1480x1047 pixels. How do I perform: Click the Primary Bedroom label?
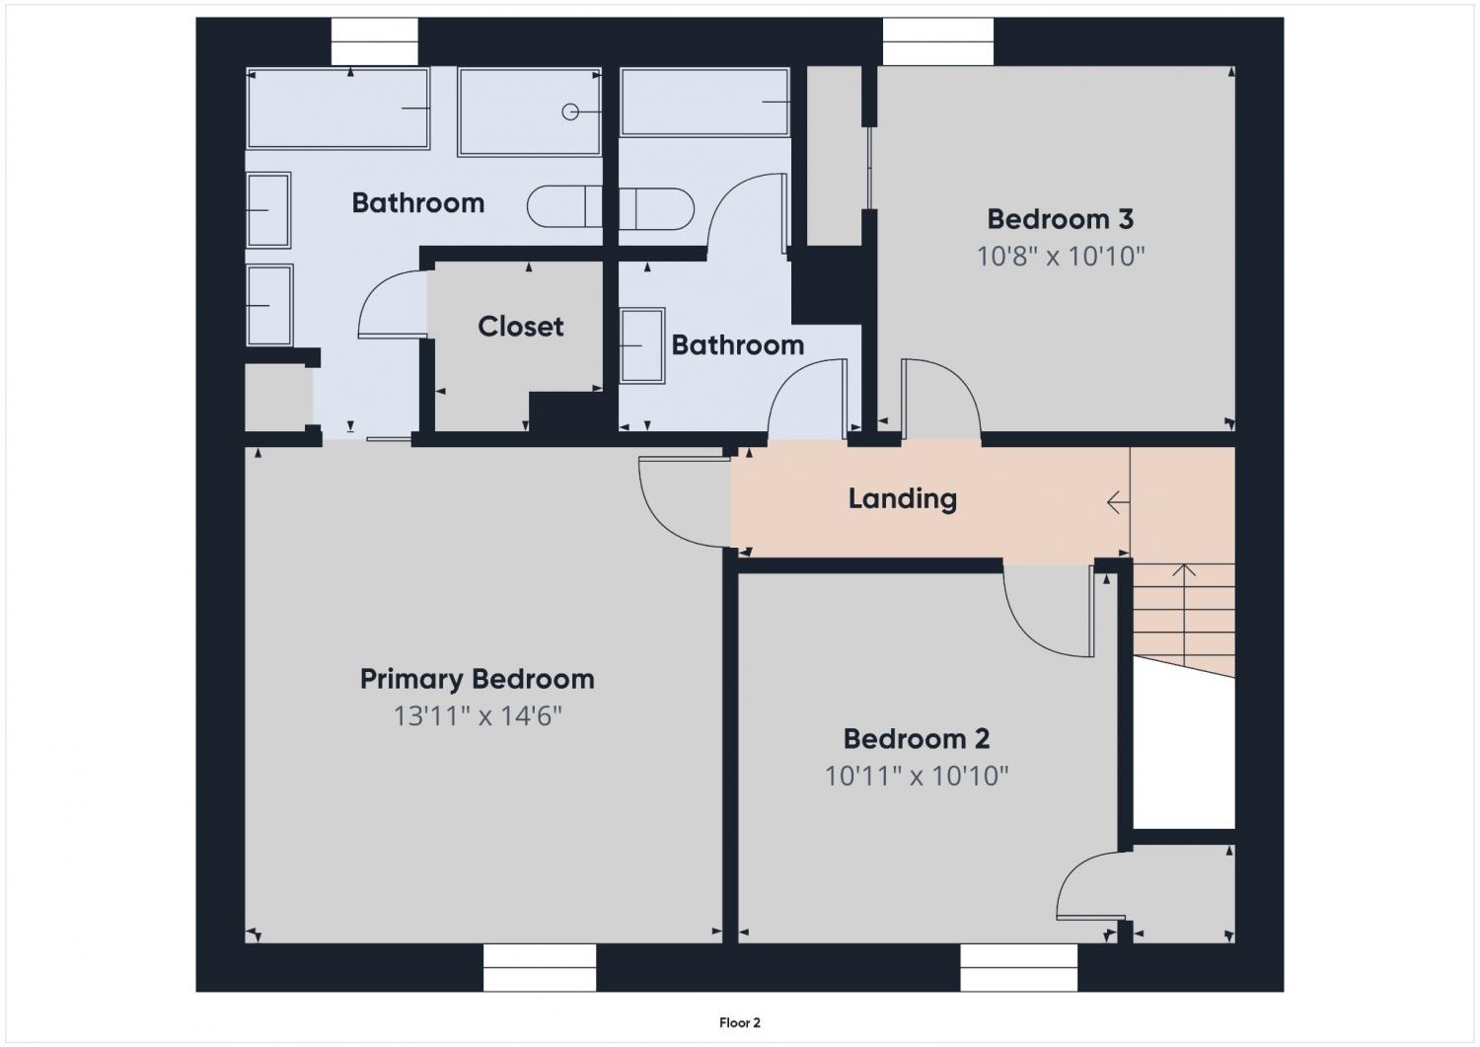[477, 680]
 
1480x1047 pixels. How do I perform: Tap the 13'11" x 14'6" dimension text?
[478, 715]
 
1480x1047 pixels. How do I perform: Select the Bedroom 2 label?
[917, 739]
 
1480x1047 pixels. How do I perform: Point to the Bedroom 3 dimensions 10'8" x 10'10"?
[1061, 256]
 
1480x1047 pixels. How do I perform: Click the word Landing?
[903, 499]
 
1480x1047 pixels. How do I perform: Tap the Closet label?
[521, 327]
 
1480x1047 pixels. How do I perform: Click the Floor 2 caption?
[740, 1022]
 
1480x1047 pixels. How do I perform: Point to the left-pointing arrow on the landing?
[1118, 503]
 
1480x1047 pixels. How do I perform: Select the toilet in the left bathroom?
[564, 207]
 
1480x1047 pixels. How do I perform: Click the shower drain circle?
[570, 112]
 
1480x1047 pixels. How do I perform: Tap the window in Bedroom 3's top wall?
[938, 41]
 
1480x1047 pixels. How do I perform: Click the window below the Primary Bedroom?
[540, 968]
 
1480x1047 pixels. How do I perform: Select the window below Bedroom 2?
[1019, 968]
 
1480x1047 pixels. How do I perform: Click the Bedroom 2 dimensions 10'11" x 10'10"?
[917, 776]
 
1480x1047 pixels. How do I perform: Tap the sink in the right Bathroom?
[642, 345]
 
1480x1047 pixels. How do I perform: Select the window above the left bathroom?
[375, 41]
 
